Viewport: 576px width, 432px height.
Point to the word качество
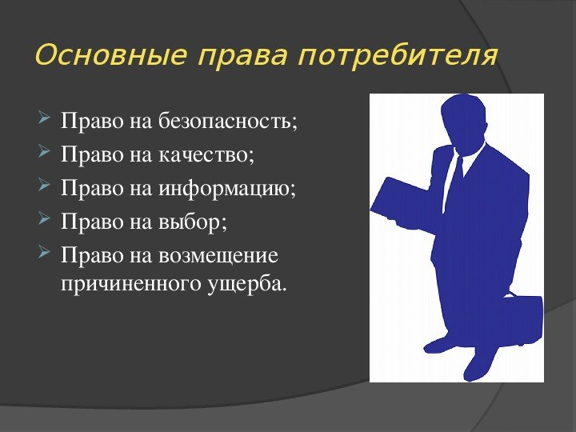pos(206,154)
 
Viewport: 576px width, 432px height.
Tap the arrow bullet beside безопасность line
pos(44,118)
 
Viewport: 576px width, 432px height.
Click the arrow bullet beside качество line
pos(44,151)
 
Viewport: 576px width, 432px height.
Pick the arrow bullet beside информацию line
pos(44,185)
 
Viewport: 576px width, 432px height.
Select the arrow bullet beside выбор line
pos(44,218)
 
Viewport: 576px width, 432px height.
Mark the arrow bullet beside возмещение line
pos(44,252)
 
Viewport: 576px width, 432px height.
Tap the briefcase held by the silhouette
pos(522,319)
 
